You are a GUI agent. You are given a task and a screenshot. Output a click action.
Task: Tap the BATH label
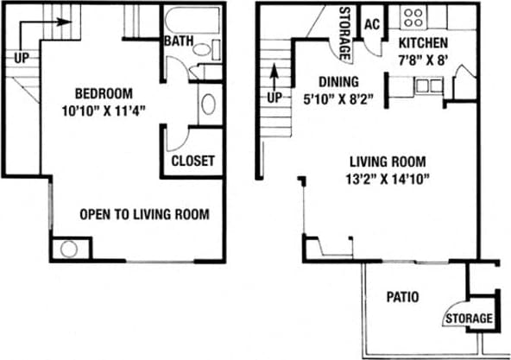(179, 41)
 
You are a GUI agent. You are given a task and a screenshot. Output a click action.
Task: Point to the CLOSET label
(192, 161)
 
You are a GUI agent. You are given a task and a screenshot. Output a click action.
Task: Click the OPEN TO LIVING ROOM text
(144, 214)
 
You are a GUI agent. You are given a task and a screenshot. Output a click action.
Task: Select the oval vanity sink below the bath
(208, 105)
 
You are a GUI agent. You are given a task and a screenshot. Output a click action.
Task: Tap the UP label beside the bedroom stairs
(22, 59)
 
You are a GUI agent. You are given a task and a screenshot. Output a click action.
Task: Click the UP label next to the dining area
(274, 98)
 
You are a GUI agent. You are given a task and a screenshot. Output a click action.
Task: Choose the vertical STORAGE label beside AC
(344, 34)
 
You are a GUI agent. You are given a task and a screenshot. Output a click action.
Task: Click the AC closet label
(373, 24)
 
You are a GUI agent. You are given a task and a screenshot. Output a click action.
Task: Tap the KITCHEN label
(423, 42)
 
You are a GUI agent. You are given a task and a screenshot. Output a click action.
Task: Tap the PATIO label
(402, 297)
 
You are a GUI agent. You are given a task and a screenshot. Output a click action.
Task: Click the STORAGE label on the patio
(469, 319)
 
